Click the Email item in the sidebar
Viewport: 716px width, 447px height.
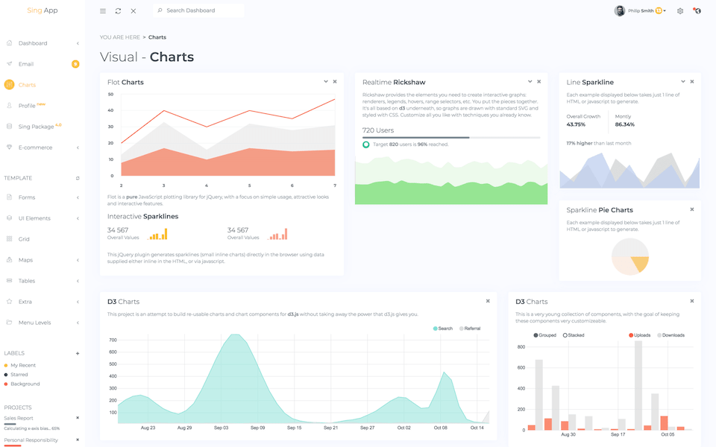[x=26, y=64]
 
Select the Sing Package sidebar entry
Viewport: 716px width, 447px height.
[x=36, y=127]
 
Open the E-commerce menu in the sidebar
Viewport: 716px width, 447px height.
[x=35, y=148]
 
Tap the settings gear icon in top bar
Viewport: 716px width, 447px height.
[x=680, y=11]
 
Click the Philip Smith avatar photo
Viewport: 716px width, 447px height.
[x=620, y=11]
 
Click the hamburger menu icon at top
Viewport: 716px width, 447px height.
[x=103, y=11]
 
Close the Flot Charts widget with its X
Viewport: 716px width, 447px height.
[x=335, y=82]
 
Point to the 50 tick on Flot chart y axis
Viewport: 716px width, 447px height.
[x=110, y=95]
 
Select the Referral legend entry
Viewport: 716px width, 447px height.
[x=471, y=329]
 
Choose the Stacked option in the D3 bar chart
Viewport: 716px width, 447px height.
[x=575, y=335]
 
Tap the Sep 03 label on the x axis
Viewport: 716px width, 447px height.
[x=221, y=428]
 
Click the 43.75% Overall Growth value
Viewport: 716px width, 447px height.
[x=576, y=124]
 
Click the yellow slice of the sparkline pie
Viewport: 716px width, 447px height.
[x=639, y=264]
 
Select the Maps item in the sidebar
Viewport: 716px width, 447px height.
[x=26, y=260]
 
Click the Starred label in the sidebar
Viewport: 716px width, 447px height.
[x=19, y=375]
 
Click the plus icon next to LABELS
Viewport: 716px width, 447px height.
[x=78, y=353]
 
